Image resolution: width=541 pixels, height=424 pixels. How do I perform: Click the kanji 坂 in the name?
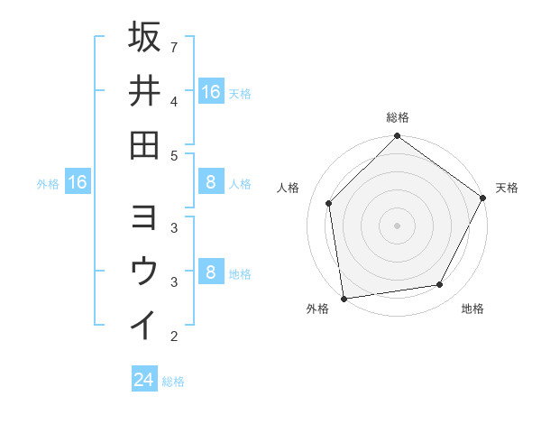[x=144, y=38]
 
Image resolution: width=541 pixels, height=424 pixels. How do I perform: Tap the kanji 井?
[x=144, y=91]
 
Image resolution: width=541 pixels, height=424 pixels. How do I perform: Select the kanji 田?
[x=144, y=144]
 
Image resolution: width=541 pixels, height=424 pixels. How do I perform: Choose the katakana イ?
[x=144, y=324]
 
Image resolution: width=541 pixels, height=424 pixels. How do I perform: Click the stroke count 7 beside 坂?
[x=173, y=46]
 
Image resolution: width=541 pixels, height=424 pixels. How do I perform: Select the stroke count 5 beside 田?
[x=173, y=155]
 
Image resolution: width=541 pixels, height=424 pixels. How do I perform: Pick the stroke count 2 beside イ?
[x=173, y=336]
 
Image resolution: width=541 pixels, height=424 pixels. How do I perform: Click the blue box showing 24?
[x=143, y=380]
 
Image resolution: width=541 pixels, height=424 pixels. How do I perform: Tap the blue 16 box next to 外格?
[x=78, y=183]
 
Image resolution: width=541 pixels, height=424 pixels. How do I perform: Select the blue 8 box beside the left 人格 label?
[x=210, y=183]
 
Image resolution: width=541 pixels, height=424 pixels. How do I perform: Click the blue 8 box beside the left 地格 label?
[x=210, y=273]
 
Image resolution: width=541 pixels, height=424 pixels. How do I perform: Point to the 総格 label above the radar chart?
[x=398, y=117]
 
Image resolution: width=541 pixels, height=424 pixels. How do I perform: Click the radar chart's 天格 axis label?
[x=507, y=188]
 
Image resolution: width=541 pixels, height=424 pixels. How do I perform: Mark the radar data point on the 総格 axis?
[x=398, y=137]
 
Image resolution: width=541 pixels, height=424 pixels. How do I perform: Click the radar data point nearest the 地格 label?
[x=440, y=285]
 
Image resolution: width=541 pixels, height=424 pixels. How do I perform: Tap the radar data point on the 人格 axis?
[x=329, y=203]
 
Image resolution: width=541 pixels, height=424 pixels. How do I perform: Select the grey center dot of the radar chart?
[x=398, y=225]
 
